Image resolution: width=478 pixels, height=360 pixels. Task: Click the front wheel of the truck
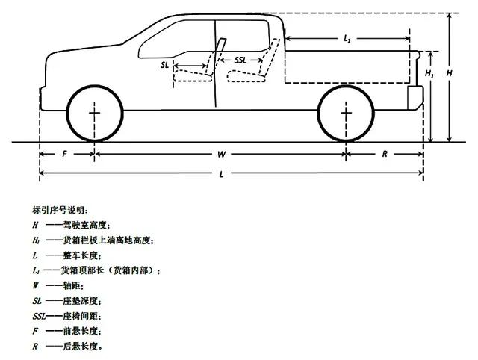95,85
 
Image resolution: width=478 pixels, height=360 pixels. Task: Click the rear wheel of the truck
346,85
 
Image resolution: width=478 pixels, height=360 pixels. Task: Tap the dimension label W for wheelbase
221,155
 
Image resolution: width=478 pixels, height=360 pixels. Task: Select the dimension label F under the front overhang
64,154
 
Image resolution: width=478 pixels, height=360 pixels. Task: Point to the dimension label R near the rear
385,155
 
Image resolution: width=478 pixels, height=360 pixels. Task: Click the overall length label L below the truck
222,174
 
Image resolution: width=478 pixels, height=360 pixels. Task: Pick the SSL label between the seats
240,60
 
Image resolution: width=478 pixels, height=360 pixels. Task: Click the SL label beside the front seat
164,65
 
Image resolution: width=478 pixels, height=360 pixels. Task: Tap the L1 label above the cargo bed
347,38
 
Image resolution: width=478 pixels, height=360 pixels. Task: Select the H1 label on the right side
429,73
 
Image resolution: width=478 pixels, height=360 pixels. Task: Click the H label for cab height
449,73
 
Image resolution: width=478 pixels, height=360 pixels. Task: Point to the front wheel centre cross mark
95,113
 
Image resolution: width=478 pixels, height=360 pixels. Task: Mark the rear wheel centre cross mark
346,113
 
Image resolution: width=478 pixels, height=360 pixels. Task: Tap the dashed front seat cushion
193,75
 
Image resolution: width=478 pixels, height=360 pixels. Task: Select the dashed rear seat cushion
246,76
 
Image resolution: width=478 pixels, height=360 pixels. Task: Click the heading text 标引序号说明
59,211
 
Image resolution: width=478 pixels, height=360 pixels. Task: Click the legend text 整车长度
81,255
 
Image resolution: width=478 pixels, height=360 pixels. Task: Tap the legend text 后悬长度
81,347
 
